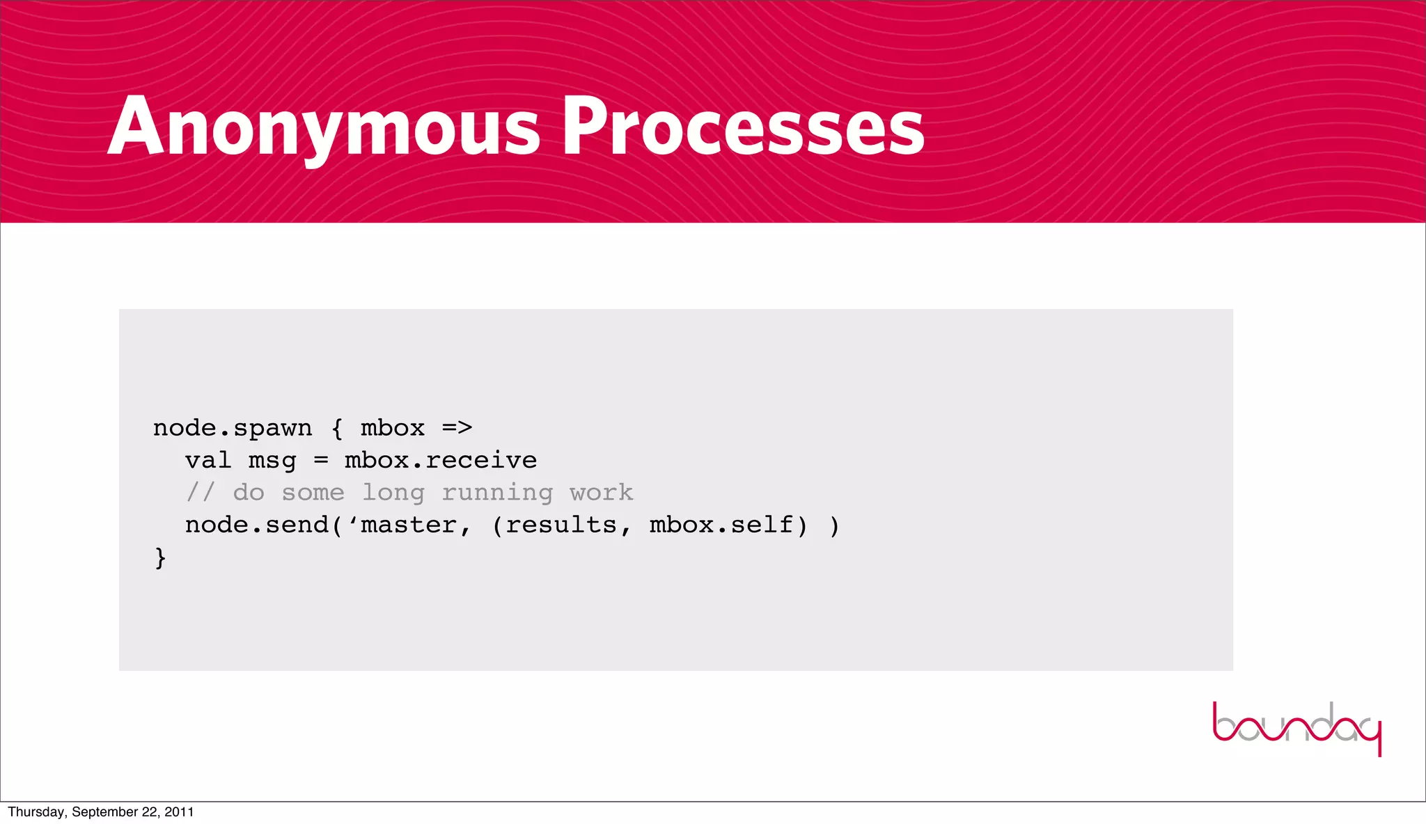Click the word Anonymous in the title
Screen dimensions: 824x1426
point(324,127)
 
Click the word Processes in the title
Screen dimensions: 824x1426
point(743,127)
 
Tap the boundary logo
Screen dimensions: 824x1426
point(1296,728)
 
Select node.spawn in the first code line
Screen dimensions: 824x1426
point(233,428)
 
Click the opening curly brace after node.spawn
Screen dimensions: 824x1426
point(337,428)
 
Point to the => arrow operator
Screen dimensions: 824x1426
point(457,428)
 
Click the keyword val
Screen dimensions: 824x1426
point(208,460)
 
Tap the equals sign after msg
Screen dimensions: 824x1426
point(320,460)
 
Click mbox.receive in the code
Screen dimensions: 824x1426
point(441,460)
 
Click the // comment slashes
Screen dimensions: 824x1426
point(201,492)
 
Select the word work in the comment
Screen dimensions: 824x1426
point(602,492)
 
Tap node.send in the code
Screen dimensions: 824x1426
point(256,525)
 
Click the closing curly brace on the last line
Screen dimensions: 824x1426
point(160,557)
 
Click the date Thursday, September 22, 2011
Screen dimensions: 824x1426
point(101,812)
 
